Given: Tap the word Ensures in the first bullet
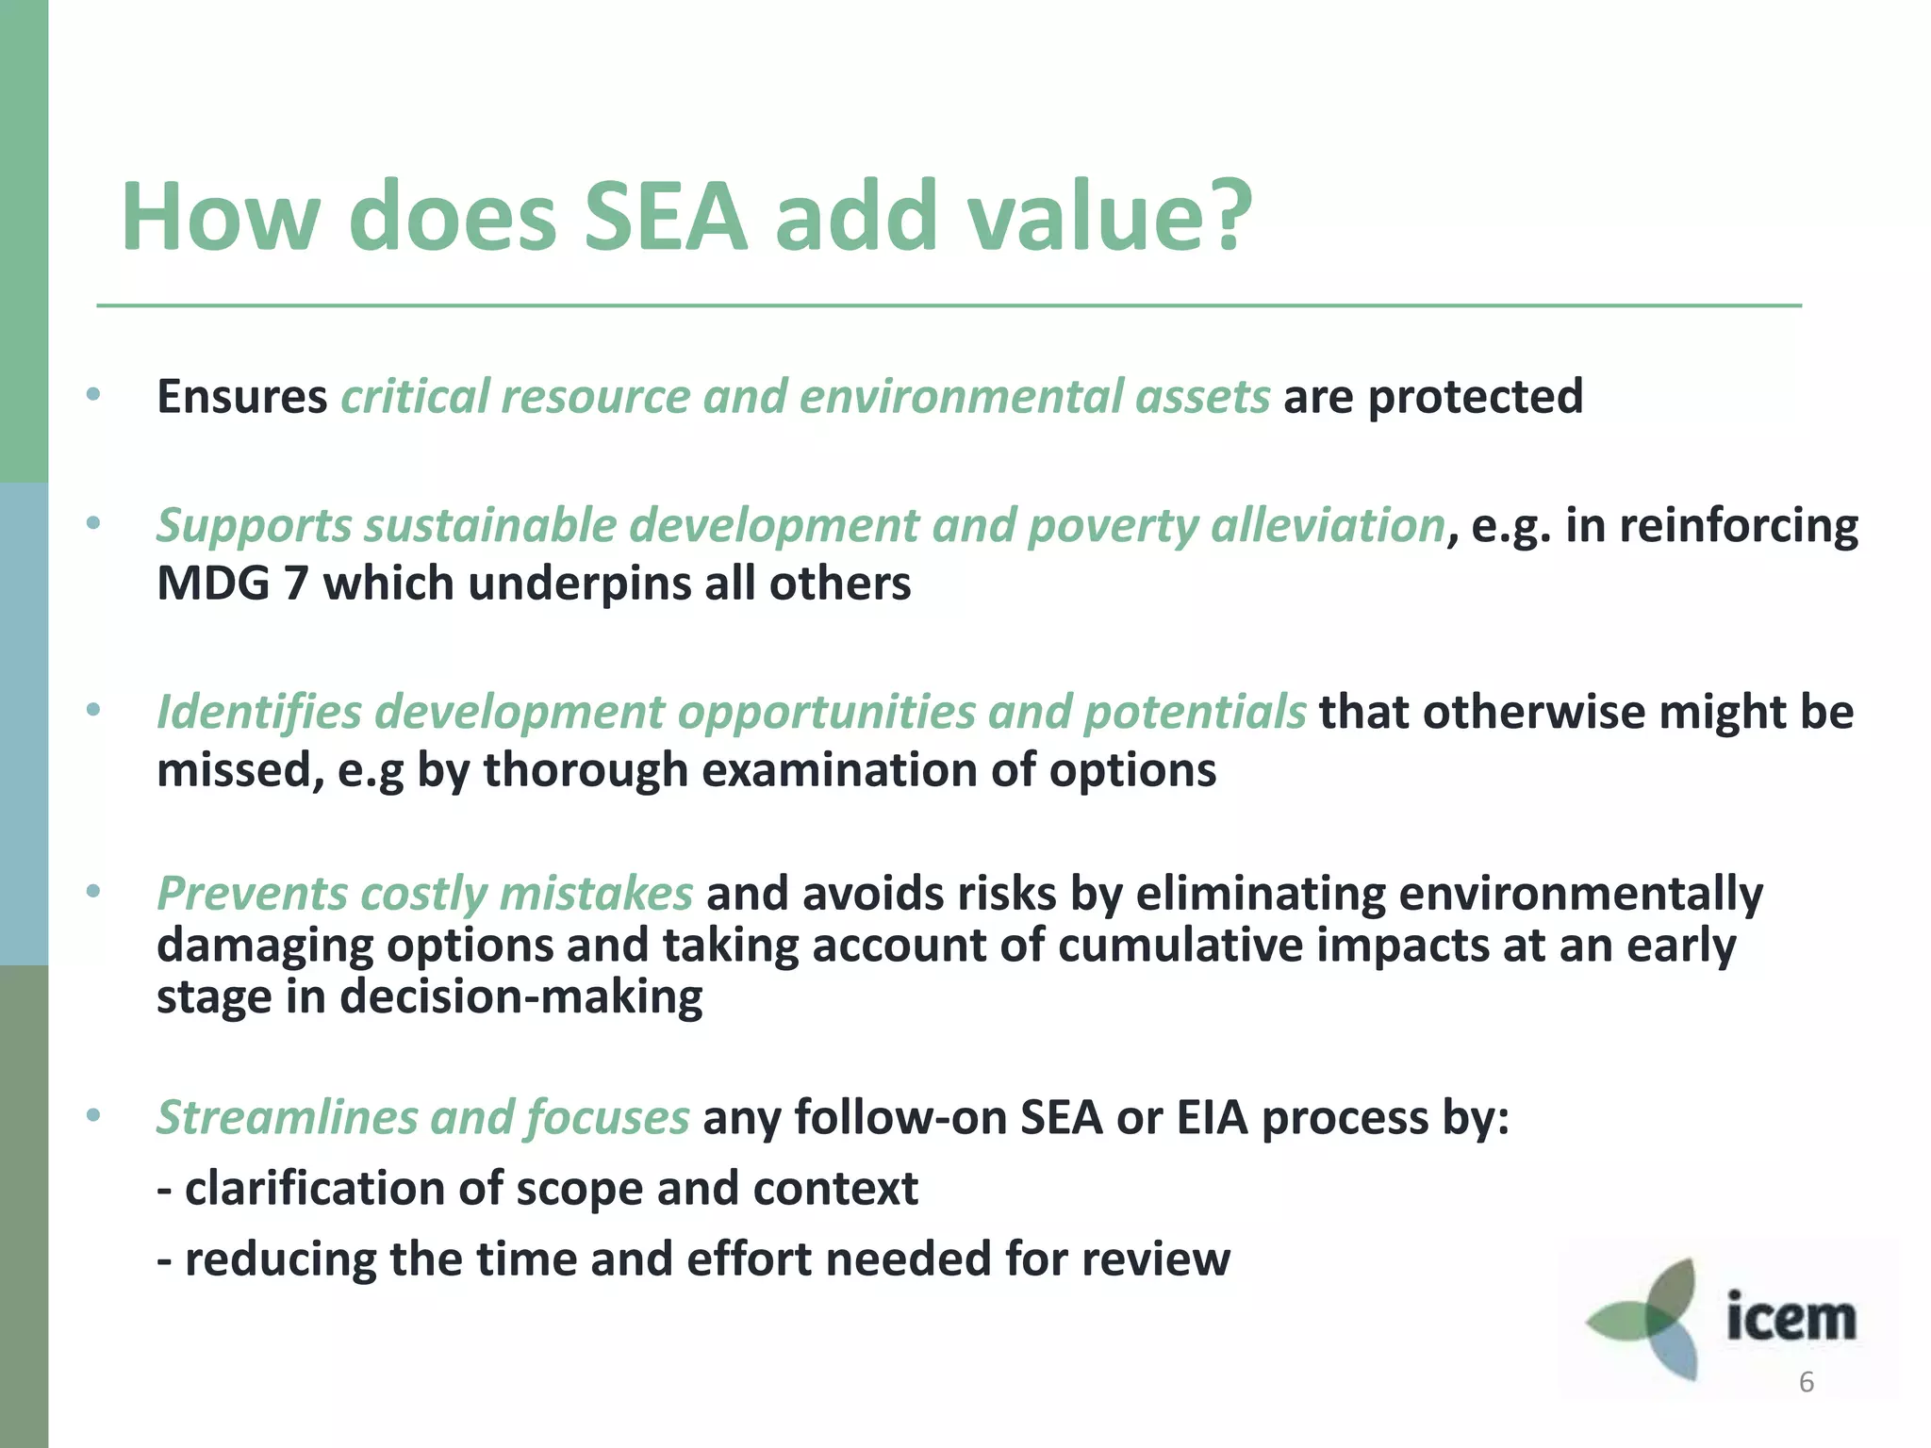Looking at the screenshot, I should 241,396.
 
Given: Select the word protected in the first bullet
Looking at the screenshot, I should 1476,396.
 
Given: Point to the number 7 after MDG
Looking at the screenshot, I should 295,584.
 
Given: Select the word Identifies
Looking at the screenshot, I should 258,712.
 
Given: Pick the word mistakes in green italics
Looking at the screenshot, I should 596,894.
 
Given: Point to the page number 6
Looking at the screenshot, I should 1806,1382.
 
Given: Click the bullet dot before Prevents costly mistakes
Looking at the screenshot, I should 92,891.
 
